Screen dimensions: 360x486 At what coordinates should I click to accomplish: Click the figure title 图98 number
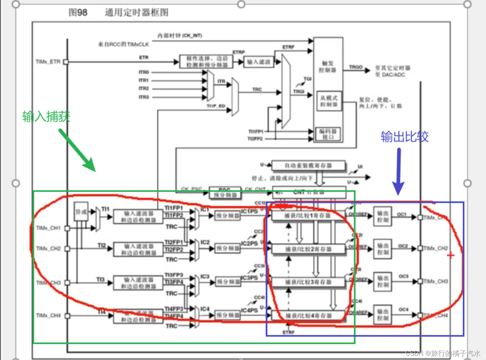[78, 13]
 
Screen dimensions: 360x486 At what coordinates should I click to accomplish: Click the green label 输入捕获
[46, 116]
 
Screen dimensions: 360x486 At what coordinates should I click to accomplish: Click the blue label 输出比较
[405, 137]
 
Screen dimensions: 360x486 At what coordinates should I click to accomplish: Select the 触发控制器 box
[328, 66]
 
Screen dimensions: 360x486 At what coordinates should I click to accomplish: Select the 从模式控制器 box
[329, 101]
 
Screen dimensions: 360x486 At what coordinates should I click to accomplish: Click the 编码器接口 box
[328, 134]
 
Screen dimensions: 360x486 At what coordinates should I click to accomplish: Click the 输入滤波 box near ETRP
[259, 62]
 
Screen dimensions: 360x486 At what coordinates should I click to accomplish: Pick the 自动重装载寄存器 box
[308, 166]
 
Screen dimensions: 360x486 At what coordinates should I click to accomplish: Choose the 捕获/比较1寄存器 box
[308, 215]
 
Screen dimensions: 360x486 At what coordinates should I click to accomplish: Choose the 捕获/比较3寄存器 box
[308, 282]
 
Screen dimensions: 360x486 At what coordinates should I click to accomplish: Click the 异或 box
[81, 211]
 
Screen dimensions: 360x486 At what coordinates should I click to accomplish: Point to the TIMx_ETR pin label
[48, 62]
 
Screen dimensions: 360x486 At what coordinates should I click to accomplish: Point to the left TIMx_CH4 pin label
[48, 315]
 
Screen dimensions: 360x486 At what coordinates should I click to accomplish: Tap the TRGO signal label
[355, 67]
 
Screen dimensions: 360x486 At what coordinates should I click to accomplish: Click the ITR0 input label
[144, 72]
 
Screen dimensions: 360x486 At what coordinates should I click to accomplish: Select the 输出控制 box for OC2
[383, 249]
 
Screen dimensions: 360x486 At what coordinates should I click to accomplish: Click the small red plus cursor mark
[450, 255]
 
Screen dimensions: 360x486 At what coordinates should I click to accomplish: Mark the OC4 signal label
[403, 309]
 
